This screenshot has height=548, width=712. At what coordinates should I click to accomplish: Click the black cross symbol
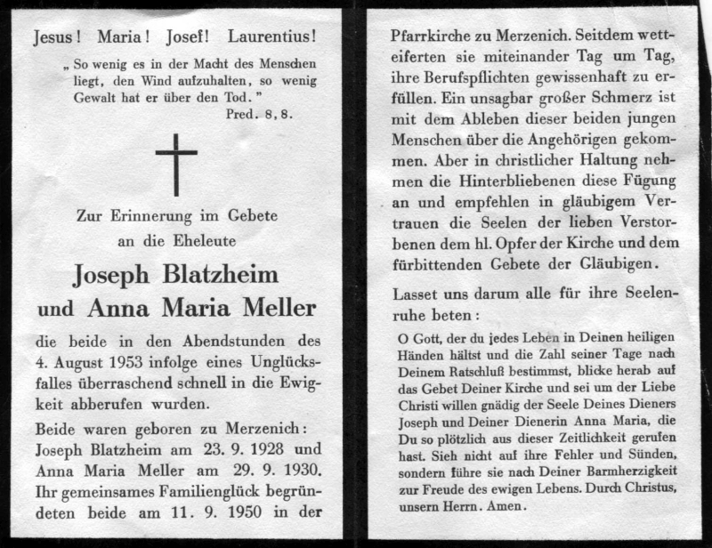pos(176,164)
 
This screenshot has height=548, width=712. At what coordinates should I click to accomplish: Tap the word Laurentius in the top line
pos(271,37)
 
